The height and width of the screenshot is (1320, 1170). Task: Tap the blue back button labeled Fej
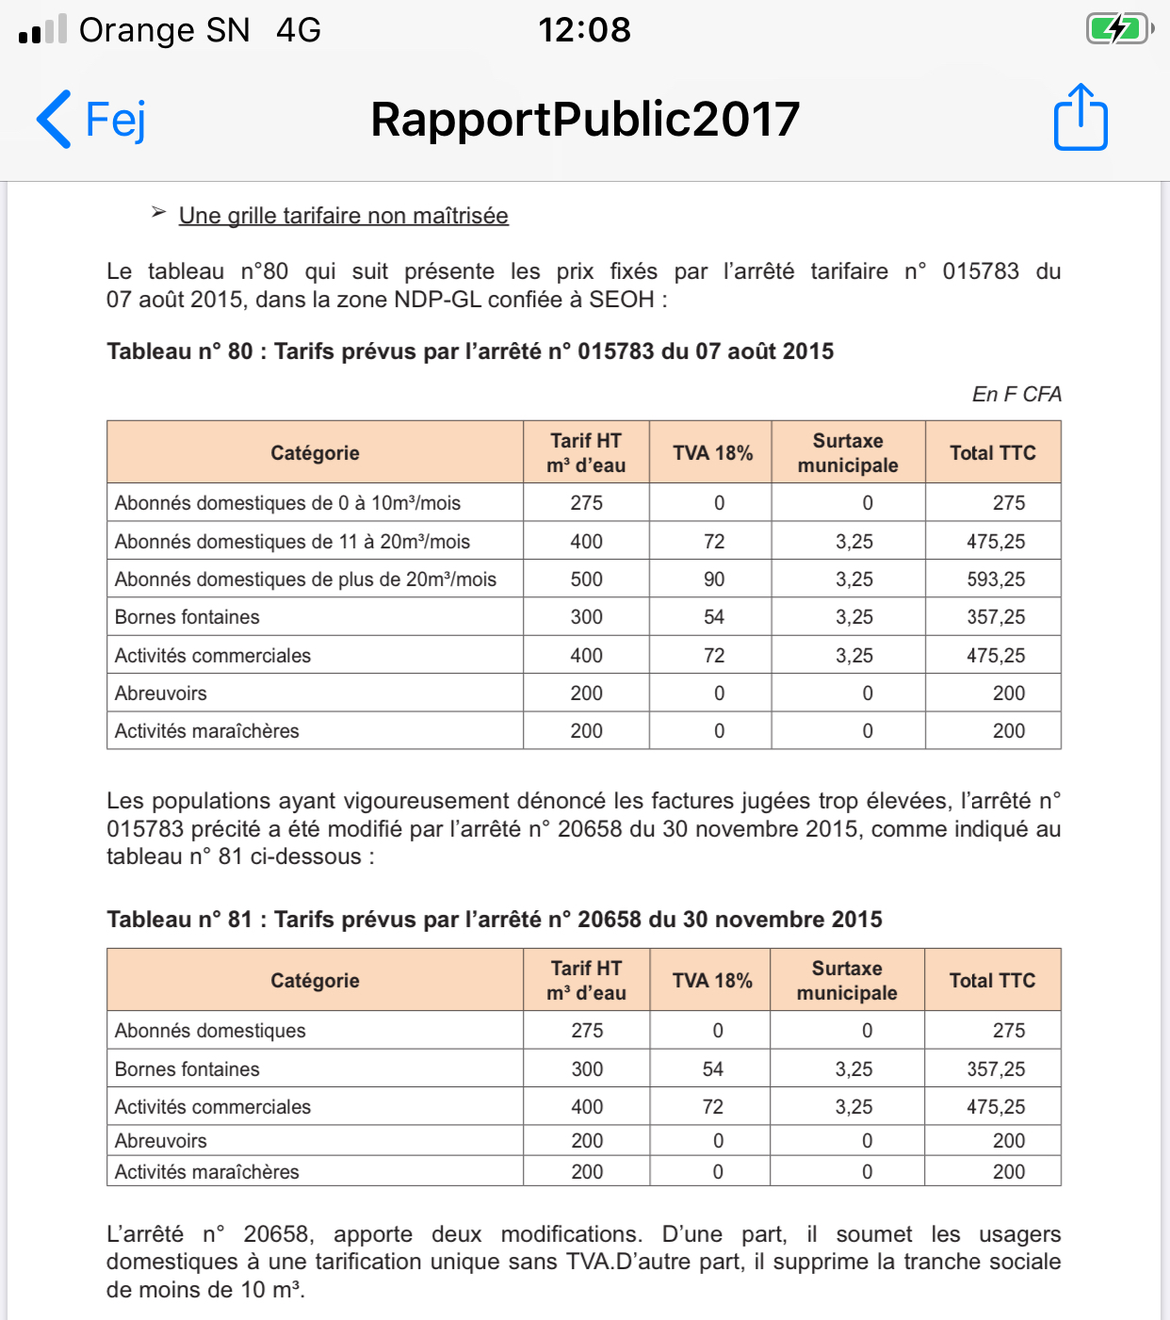(91, 120)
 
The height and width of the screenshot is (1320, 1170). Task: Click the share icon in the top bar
(1080, 118)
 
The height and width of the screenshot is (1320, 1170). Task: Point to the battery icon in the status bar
(1118, 29)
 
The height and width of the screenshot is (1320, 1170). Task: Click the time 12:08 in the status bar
(584, 30)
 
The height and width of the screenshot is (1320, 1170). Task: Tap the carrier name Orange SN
(164, 30)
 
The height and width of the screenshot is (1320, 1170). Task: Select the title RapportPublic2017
(584, 120)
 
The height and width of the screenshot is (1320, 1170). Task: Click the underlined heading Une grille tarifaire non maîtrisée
(343, 216)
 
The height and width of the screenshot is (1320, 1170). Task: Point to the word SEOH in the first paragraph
(621, 300)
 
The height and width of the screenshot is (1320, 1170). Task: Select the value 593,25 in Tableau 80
(995, 579)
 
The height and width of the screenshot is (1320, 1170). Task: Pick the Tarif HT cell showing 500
(586, 579)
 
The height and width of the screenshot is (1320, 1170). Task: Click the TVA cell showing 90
(713, 579)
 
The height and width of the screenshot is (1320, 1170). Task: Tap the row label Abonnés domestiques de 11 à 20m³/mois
(292, 542)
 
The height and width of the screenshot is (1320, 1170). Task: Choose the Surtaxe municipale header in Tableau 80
(848, 453)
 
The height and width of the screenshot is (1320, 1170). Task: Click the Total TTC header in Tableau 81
(992, 981)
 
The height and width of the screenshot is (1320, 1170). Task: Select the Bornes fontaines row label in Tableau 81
(187, 1069)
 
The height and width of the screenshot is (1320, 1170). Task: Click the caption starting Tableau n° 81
(495, 920)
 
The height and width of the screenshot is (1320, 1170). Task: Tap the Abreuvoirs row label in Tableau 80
(161, 693)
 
